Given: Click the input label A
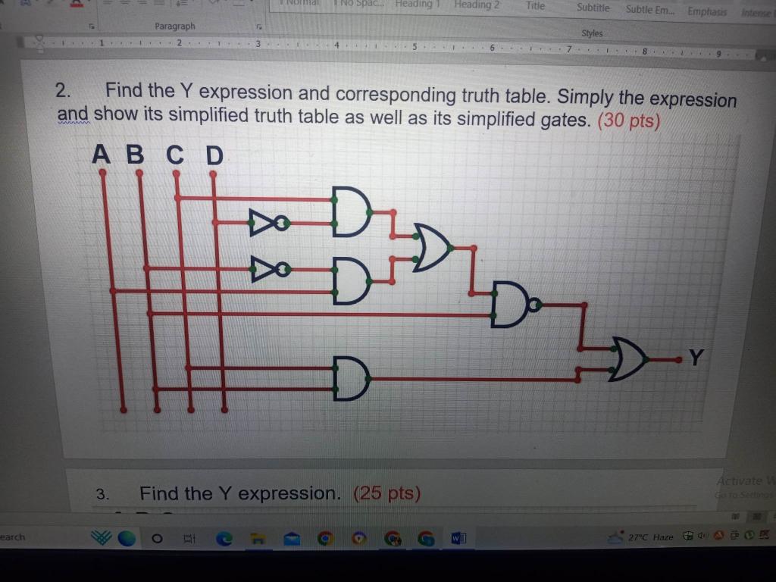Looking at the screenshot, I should coord(102,155).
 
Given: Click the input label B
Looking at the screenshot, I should coord(135,155).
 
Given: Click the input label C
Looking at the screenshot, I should coord(175,155).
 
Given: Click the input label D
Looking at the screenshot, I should coord(214,156).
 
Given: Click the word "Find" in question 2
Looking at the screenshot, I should coord(129,92).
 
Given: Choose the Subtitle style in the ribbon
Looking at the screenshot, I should coord(593,8).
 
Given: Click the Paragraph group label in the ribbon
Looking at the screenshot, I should coord(175,26).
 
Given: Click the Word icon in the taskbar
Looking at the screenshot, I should coord(457,538).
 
